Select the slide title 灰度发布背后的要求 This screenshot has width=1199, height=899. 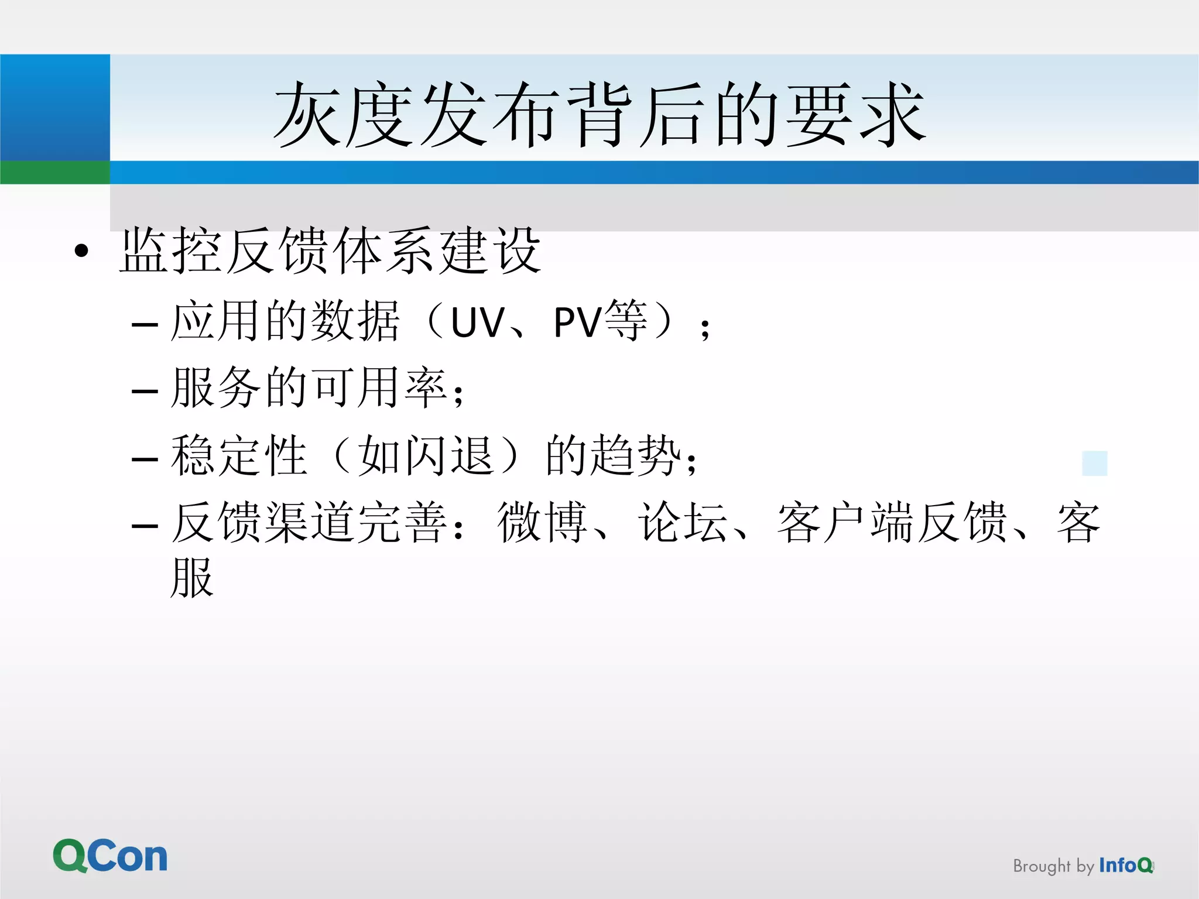[x=599, y=115]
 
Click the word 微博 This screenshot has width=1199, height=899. [x=542, y=522]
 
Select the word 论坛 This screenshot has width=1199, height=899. [x=683, y=522]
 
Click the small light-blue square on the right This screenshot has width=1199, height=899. [x=1095, y=463]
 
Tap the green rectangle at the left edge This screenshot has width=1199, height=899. [x=55, y=173]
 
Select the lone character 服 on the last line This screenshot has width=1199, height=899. [x=192, y=578]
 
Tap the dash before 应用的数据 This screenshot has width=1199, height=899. [x=145, y=324]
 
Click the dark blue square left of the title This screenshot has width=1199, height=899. [x=55, y=107]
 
